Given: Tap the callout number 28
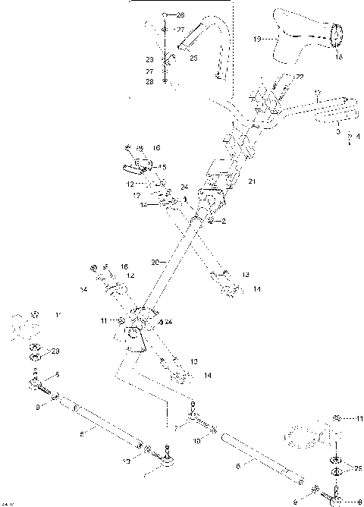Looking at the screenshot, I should tap(149, 80).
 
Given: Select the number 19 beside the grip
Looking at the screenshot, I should tap(256, 37).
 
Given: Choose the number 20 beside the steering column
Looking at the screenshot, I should tap(154, 262).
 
